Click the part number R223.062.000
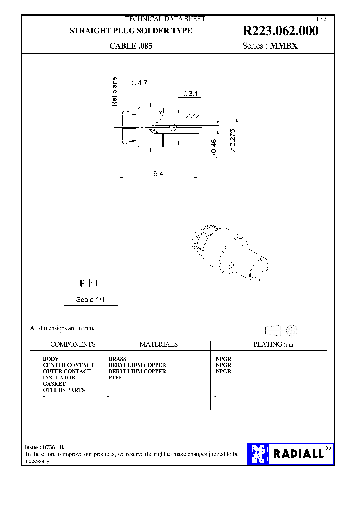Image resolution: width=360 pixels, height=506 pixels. (280, 31)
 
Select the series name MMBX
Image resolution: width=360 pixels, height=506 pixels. (287, 46)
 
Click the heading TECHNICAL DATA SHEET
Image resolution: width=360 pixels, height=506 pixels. (165, 19)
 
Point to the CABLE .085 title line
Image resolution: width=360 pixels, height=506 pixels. (131, 46)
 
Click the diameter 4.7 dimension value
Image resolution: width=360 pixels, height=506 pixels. (141, 83)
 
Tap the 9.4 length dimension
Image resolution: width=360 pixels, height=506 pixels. (158, 174)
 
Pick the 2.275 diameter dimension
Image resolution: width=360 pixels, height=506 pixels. (232, 141)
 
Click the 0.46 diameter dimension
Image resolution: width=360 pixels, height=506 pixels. (214, 149)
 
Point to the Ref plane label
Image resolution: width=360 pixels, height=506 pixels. (114, 91)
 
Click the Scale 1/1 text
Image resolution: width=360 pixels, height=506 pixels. (90, 299)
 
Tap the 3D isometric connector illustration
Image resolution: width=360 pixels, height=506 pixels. (229, 253)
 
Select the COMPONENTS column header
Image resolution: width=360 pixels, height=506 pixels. (73, 344)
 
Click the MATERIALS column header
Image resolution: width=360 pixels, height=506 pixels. (158, 344)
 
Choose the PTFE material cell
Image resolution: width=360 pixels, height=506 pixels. (115, 378)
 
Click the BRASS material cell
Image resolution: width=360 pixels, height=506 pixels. (117, 359)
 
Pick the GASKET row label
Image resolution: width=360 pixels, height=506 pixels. (54, 384)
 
